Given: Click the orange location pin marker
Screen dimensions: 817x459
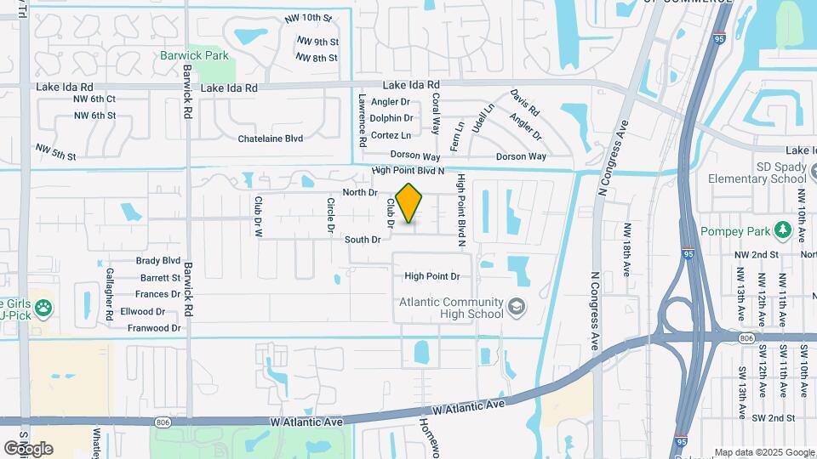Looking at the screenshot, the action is point(409,202).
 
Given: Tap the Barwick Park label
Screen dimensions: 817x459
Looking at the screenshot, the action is point(194,55).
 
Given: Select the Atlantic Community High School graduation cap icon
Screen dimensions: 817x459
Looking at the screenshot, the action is point(516,307).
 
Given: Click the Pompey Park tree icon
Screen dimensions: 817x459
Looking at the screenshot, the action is point(782,230).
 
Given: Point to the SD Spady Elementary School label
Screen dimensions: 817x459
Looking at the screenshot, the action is point(757,173).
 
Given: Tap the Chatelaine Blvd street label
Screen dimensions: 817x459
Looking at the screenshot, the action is point(270,138).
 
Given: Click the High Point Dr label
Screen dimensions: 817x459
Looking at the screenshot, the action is point(431,276).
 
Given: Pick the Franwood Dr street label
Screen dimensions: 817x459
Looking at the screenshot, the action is point(153,327).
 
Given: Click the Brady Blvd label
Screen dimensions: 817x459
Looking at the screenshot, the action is point(158,261).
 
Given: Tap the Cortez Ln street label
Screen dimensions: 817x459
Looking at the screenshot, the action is point(391,135).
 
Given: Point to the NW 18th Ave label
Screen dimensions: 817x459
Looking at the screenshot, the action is point(626,249).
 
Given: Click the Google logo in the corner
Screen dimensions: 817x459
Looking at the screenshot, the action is point(28,448).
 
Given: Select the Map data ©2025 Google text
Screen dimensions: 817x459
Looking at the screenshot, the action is point(763,452).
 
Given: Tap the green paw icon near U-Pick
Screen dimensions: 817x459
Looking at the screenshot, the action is point(43,307).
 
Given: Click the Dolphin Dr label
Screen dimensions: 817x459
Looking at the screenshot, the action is point(391,119).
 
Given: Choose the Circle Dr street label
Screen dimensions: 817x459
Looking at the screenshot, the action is point(330,215).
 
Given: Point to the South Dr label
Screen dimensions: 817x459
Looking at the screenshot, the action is point(363,241).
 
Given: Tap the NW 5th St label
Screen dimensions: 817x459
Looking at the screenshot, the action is point(56,151).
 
